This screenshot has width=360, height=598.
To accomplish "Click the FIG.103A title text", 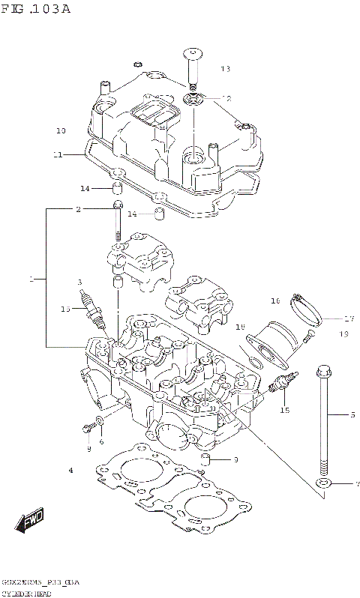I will pos(37,9).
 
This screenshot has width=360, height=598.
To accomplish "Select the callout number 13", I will pos(226,69).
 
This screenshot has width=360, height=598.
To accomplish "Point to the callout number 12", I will pos(226,98).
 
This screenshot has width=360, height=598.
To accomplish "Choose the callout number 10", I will pos(61,131).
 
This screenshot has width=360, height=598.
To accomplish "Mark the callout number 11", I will pos(58,154).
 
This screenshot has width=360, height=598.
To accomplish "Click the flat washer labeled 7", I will pos(324,484).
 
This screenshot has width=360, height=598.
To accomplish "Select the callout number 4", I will pos(70,471).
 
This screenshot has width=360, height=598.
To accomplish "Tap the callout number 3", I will pos(79,282).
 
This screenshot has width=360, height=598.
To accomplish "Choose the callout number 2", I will pos(77,210).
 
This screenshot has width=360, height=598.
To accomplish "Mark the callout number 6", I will pos(101,441).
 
